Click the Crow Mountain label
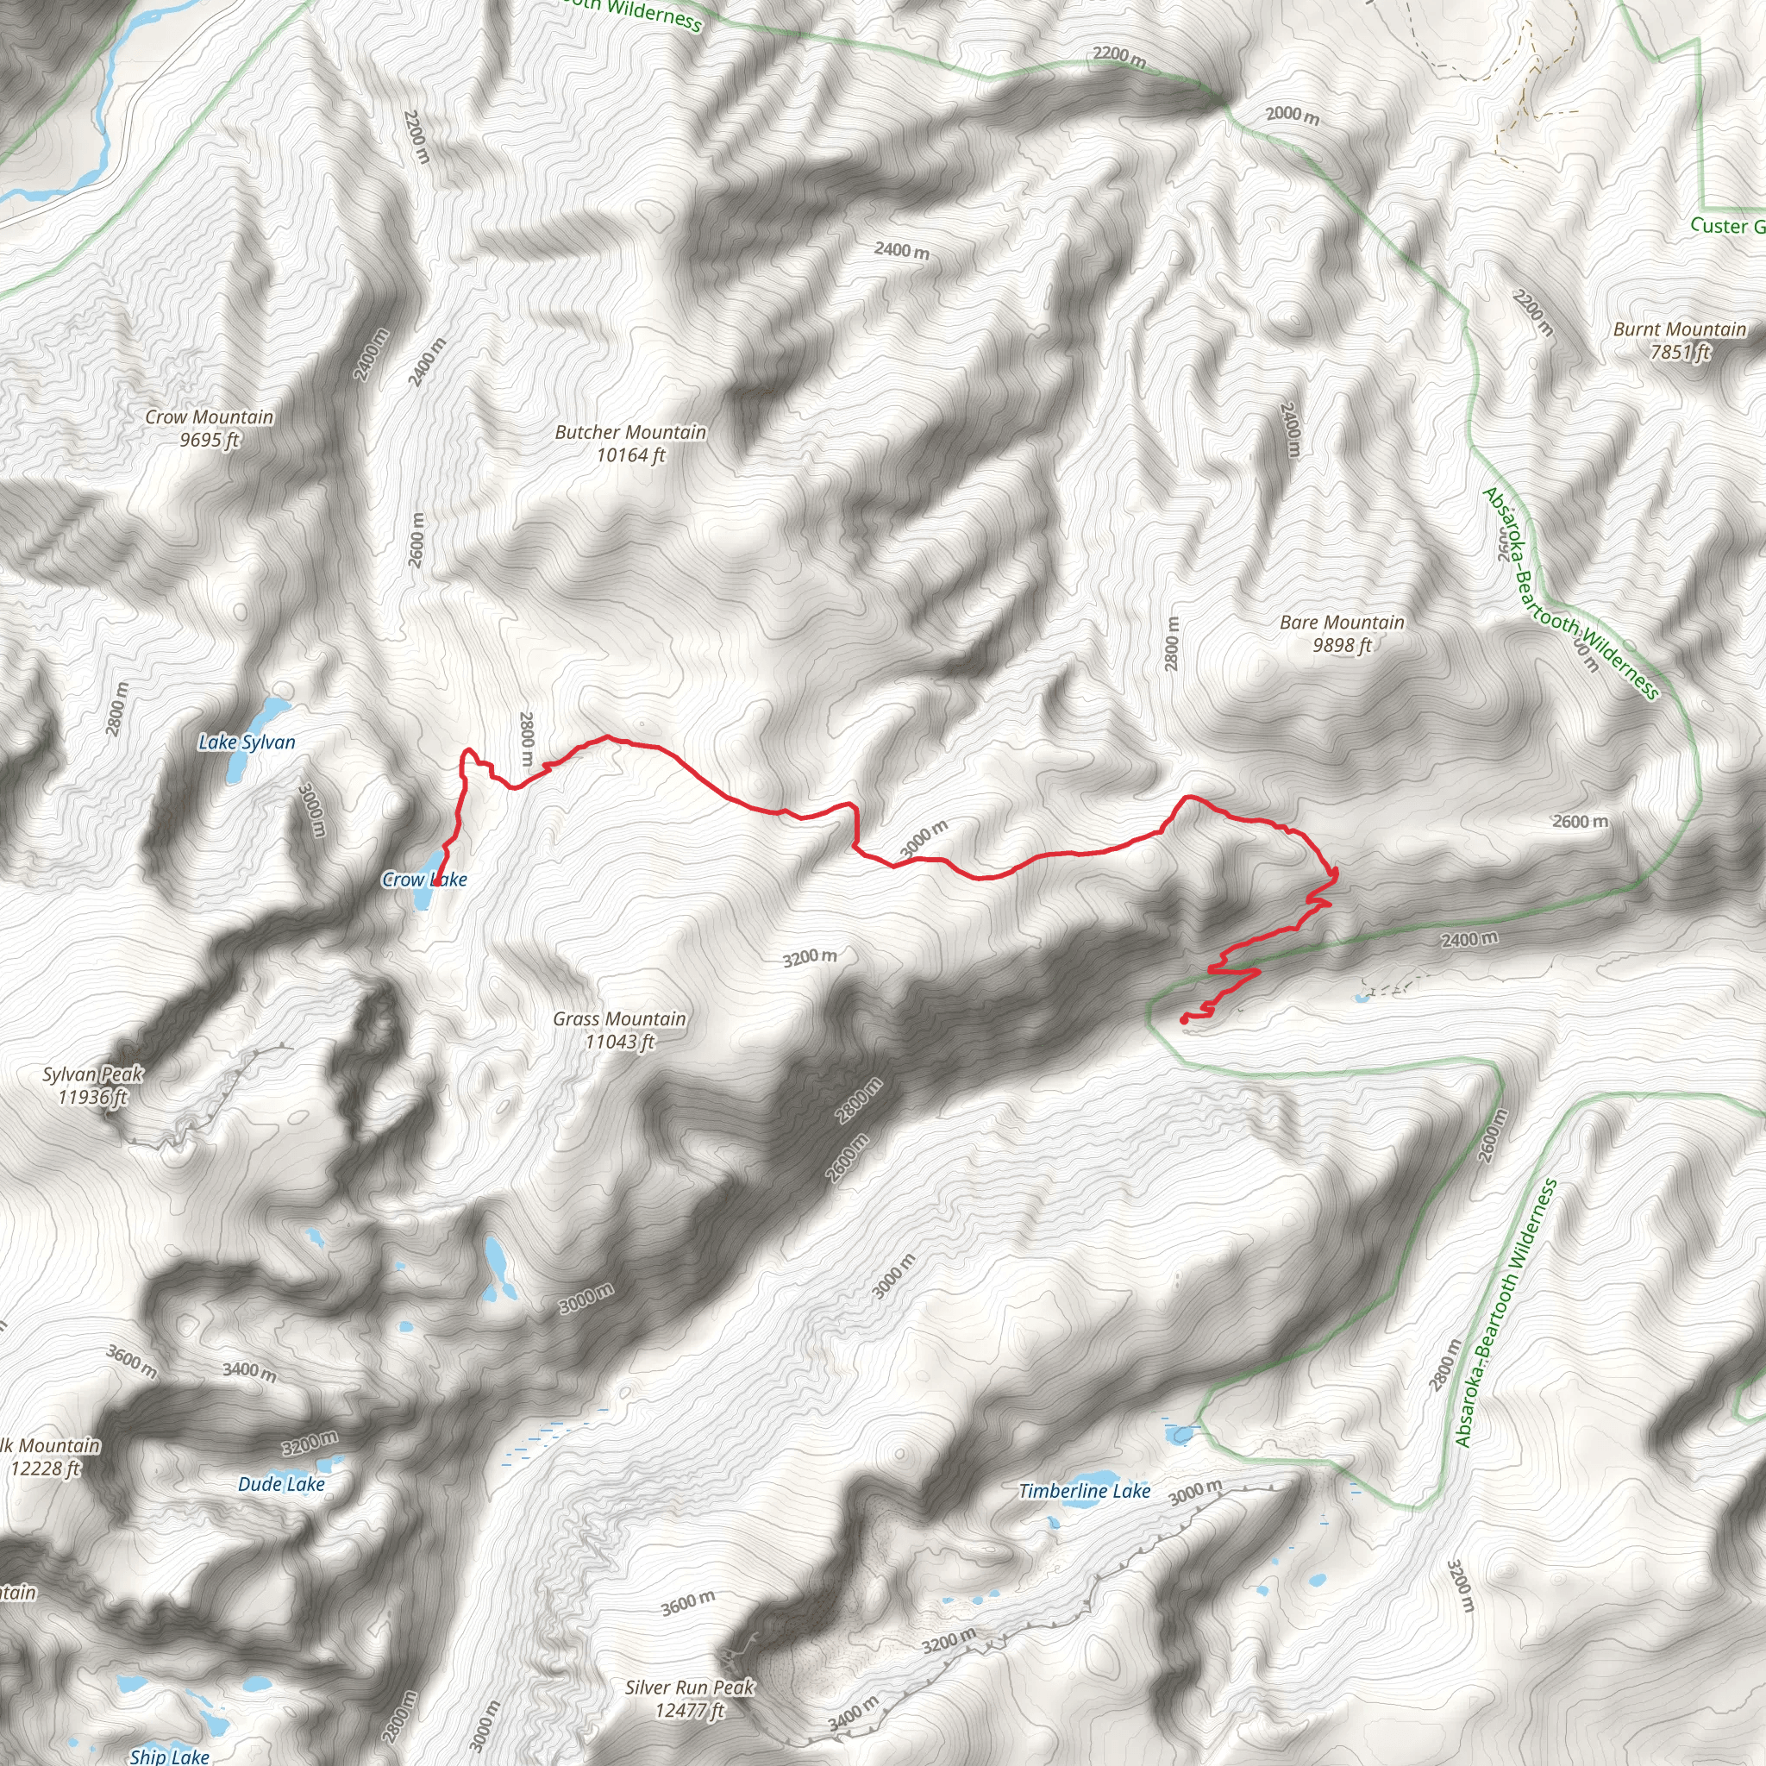pyautogui.click(x=210, y=416)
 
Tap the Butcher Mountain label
pyautogui.click(x=629, y=432)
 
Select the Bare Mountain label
pyautogui.click(x=1342, y=623)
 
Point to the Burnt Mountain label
pyautogui.click(x=1679, y=329)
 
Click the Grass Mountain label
pyautogui.click(x=619, y=1018)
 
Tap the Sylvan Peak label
pyautogui.click(x=92, y=1074)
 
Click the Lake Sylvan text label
pyautogui.click(x=247, y=742)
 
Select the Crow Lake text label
pyautogui.click(x=424, y=880)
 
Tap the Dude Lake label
pyautogui.click(x=280, y=1485)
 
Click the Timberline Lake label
pyautogui.click(x=1084, y=1491)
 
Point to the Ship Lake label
pyautogui.click(x=169, y=1755)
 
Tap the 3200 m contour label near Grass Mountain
pyautogui.click(x=809, y=957)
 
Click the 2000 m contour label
pyautogui.click(x=1292, y=115)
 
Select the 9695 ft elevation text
pyautogui.click(x=210, y=440)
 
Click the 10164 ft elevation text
pyautogui.click(x=630, y=455)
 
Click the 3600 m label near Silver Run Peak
pyautogui.click(x=687, y=1602)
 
